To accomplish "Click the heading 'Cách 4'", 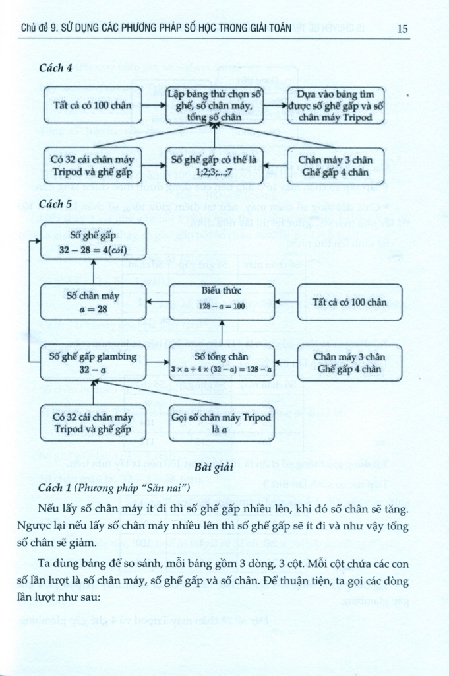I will coord(55,68).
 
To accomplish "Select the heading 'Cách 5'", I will coord(55,204).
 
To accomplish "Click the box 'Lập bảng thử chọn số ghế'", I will coord(214,105).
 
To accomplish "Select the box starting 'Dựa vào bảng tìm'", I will coord(336,105).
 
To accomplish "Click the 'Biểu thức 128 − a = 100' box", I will coord(222,302).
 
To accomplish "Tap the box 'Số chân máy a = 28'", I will coord(93,302).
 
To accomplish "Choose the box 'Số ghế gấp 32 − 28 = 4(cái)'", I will coord(93,242).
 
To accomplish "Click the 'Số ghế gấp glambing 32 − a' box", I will coord(93,362).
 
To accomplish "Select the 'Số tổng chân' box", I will coord(222,362).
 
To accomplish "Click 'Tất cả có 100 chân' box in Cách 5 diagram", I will coord(349,302).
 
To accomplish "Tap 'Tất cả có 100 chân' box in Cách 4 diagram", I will coord(92,106).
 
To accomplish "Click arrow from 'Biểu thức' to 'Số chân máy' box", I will coord(158,302).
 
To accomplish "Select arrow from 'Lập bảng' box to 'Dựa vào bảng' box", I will coord(275,105).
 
